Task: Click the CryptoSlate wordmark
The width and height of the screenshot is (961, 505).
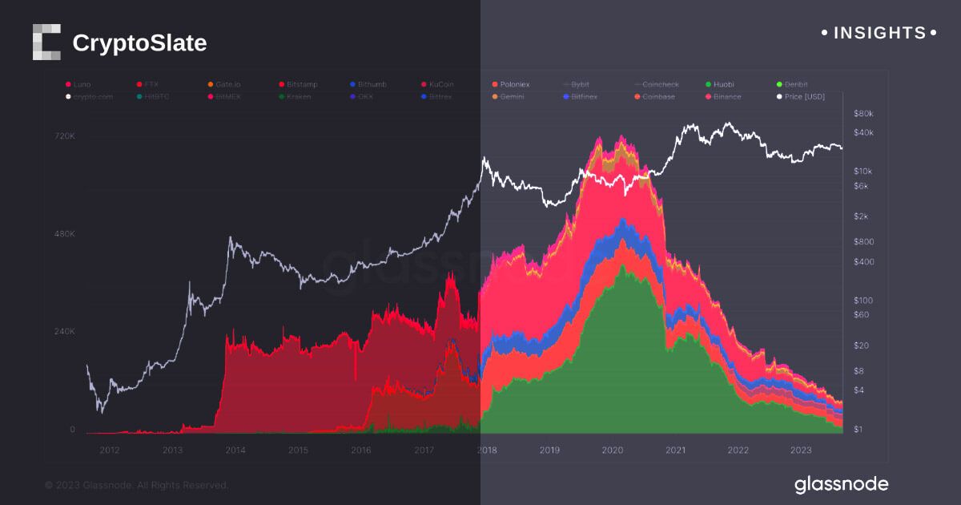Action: pos(139,42)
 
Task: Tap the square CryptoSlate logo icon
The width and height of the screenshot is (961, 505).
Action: pos(46,42)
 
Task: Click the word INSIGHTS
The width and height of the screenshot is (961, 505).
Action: pos(879,33)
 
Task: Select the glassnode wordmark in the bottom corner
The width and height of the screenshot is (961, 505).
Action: pos(841,484)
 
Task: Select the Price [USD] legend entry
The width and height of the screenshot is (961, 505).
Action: pos(804,97)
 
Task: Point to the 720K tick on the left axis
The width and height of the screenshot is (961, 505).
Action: pos(64,136)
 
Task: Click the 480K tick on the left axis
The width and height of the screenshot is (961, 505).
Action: pos(64,234)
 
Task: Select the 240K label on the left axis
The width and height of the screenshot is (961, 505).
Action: pos(64,331)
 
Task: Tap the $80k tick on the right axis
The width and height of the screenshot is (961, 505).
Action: pos(864,113)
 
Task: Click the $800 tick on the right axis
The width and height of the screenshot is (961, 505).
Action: pos(864,242)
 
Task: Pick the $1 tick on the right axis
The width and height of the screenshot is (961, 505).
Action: pos(859,430)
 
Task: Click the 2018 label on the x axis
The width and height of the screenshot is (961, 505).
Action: pos(486,450)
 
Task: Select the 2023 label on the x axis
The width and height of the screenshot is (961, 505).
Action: pos(801,450)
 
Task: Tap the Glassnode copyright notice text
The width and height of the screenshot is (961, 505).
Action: pos(137,485)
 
